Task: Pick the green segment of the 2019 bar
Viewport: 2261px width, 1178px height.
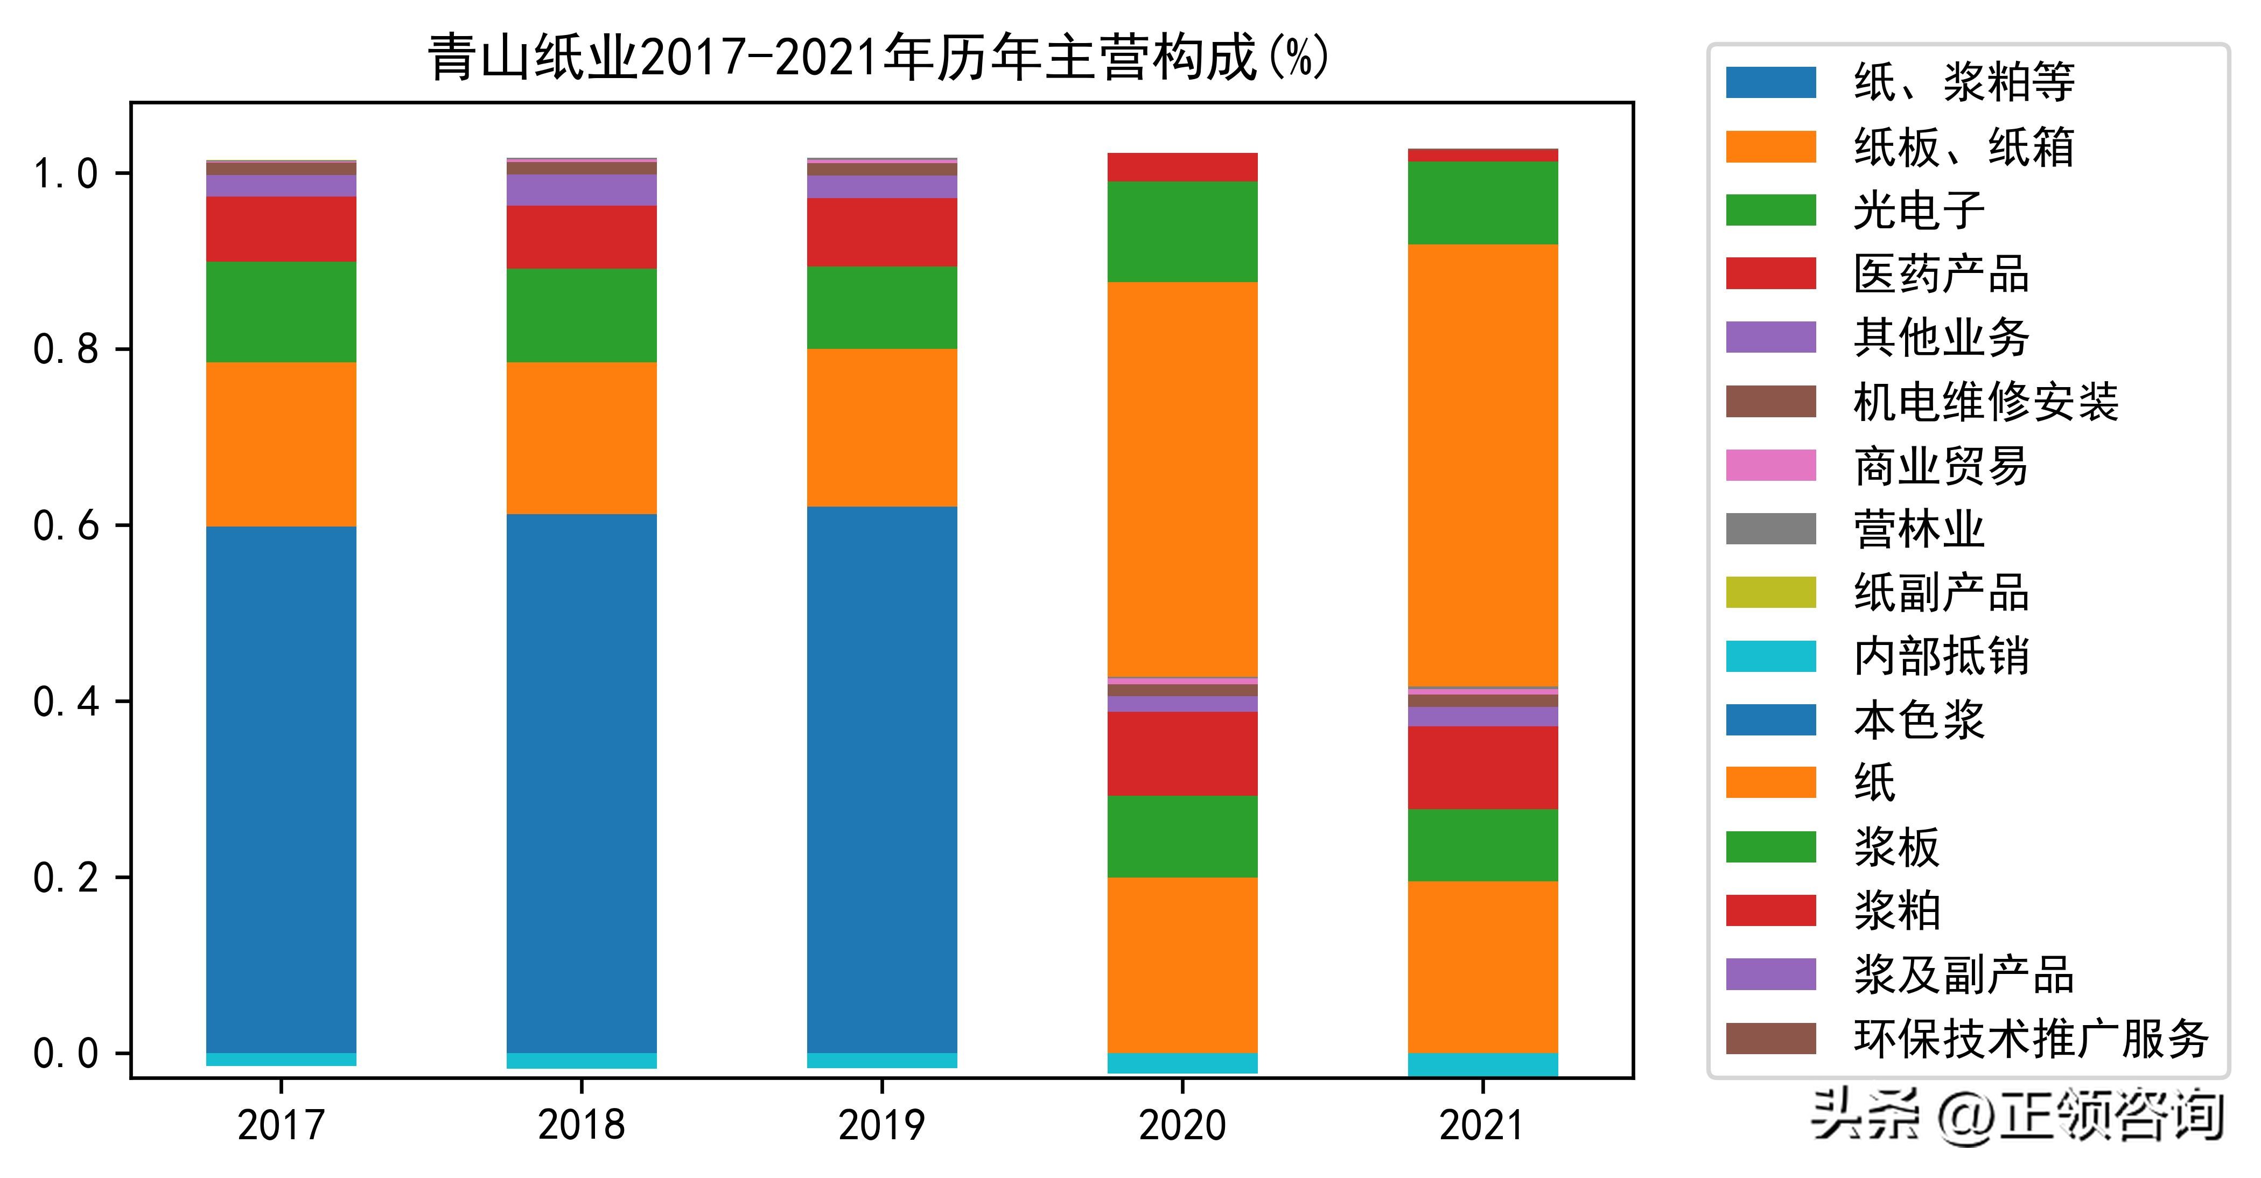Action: (882, 307)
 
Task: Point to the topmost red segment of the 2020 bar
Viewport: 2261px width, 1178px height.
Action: (1182, 167)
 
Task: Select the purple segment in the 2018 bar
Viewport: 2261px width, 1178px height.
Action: (581, 190)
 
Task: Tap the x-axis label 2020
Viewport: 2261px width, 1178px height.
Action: (1182, 1125)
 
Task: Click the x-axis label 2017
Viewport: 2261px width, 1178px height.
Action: (281, 1125)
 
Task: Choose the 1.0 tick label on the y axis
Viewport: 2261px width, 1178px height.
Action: (66, 173)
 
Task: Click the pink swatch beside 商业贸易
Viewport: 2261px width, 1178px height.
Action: (1770, 465)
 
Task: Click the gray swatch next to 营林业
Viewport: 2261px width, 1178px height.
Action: (1770, 529)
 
